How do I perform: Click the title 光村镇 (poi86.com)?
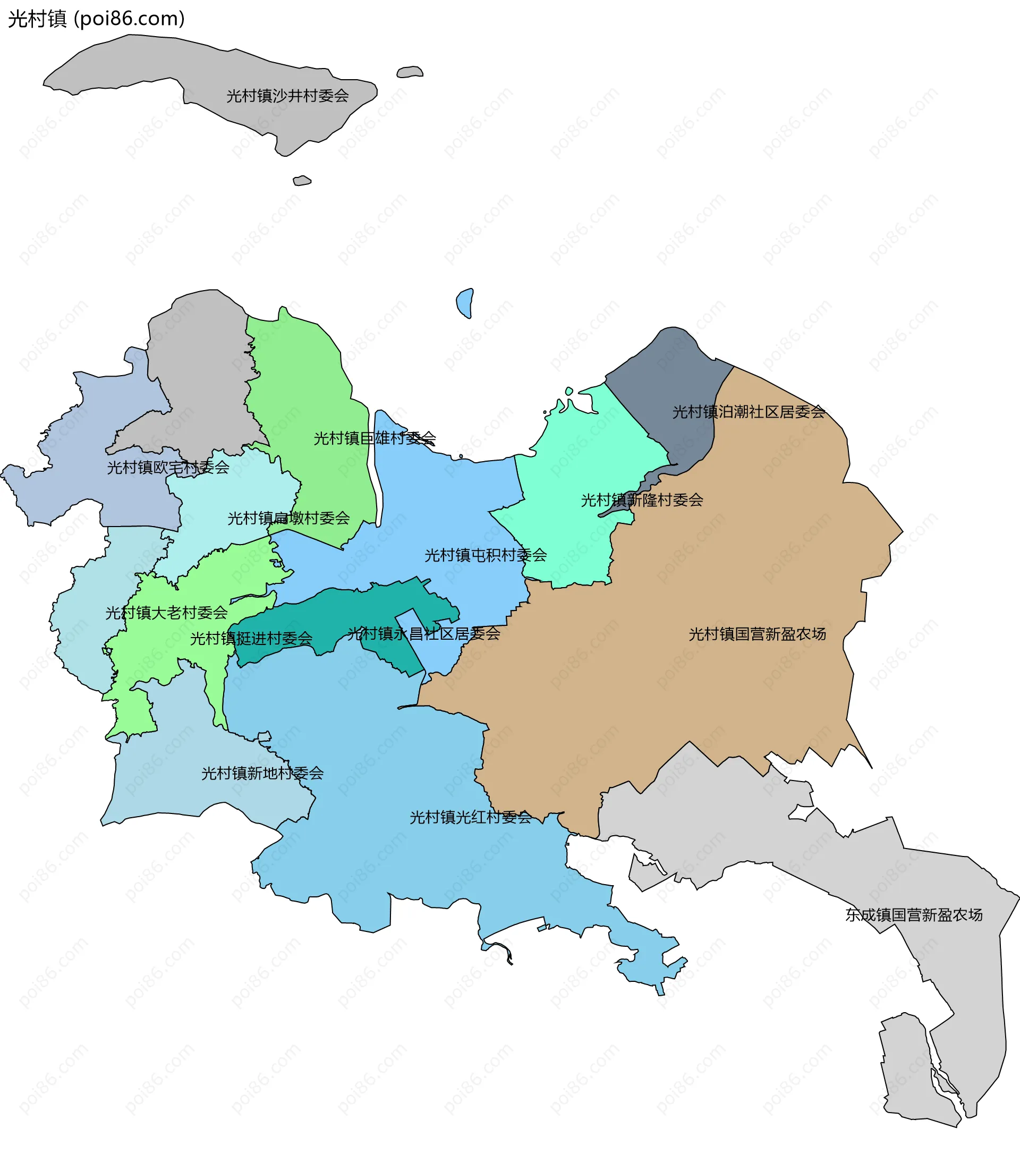(96, 19)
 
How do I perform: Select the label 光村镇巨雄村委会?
(375, 438)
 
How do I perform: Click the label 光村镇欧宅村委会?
(168, 468)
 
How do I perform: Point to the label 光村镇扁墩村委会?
(288, 518)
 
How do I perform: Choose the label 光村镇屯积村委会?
(486, 555)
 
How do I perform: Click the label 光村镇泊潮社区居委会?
(748, 412)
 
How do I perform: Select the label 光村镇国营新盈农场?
(756, 634)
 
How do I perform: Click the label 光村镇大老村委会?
(166, 612)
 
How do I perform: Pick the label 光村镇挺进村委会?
(251, 639)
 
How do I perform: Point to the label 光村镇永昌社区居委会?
(423, 633)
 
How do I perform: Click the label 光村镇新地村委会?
(262, 773)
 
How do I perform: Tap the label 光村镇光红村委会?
(470, 818)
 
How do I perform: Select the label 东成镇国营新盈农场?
(914, 915)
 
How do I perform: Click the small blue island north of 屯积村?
(464, 302)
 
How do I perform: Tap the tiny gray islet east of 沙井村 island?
(410, 72)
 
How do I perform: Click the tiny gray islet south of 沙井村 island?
(301, 181)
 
